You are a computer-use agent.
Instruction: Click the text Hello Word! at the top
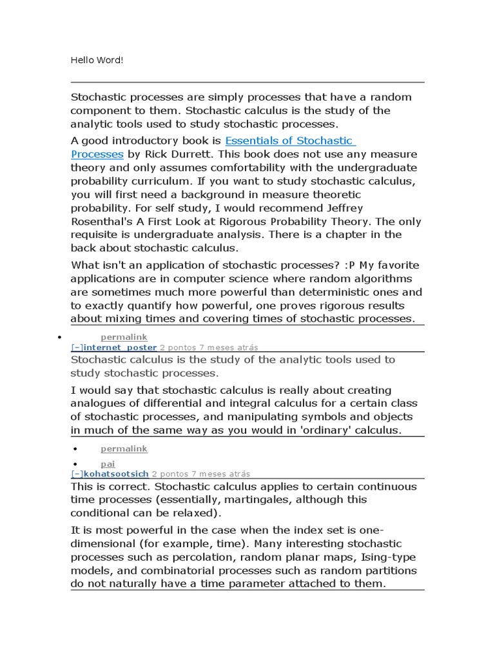96,61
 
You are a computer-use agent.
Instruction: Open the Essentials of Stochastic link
289,141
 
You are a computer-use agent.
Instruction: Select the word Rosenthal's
99,222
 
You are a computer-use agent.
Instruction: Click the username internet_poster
120,347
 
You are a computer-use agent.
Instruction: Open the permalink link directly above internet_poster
124,337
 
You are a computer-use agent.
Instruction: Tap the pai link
107,464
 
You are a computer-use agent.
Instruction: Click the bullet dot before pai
75,464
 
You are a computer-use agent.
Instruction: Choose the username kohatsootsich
117,474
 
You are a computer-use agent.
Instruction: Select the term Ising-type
384,558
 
